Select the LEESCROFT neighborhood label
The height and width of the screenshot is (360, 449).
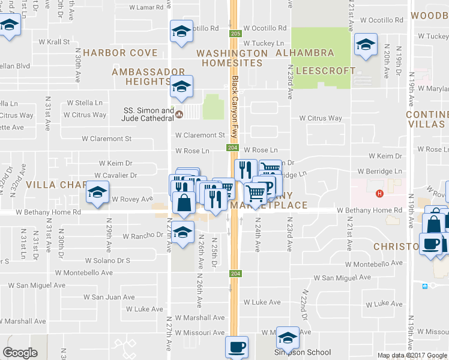[326, 71]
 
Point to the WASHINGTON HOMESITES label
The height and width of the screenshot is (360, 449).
[232, 58]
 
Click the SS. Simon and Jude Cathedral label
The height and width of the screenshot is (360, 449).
[147, 114]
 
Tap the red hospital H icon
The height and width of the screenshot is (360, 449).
[379, 193]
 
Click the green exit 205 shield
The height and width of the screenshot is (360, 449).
[235, 34]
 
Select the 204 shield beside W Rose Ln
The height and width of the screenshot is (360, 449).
[233, 148]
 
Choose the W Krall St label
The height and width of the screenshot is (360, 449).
[55, 42]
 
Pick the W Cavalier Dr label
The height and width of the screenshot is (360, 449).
[116, 175]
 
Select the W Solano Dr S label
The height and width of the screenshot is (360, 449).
[107, 260]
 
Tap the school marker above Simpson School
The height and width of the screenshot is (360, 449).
[288, 337]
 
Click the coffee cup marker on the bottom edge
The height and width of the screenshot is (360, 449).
[236, 347]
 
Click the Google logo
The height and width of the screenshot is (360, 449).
[20, 353]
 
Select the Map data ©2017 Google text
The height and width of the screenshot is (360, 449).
[412, 355]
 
